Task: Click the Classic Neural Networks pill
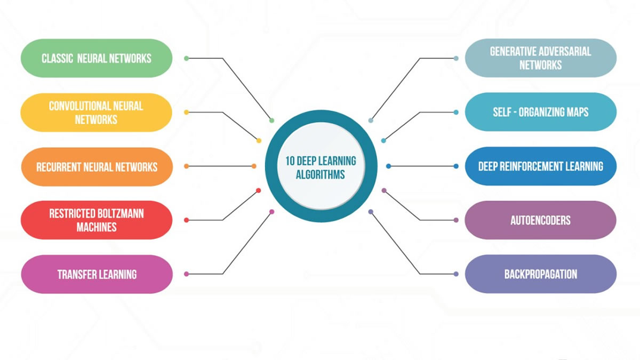(97, 58)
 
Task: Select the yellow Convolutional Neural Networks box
(97, 113)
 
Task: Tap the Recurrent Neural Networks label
(97, 167)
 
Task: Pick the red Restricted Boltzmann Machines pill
(97, 220)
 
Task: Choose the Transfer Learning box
(97, 274)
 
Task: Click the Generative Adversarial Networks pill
(541, 58)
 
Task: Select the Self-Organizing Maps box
(541, 111)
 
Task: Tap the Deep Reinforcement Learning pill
(541, 166)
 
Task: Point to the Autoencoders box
(541, 220)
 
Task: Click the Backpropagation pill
(541, 274)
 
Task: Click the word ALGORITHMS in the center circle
(321, 174)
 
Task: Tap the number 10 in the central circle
(290, 161)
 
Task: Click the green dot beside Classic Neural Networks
(187, 58)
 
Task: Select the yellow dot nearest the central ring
(259, 141)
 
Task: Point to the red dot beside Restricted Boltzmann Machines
(187, 220)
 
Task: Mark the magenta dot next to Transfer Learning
(187, 274)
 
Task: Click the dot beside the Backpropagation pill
(456, 274)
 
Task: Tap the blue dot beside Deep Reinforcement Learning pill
(456, 166)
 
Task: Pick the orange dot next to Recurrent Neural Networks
(187, 166)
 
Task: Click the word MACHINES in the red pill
(97, 227)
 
